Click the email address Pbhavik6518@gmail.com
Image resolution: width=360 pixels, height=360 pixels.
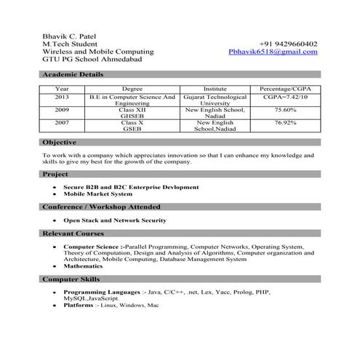[x=273, y=52]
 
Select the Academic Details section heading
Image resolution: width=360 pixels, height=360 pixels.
[x=73, y=74]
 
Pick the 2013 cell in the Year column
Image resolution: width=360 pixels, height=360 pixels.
[x=62, y=96]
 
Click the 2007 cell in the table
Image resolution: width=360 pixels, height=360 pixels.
[x=62, y=123]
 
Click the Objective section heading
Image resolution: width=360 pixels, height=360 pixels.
[x=60, y=143]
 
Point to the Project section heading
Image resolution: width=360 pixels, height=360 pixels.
[x=56, y=175]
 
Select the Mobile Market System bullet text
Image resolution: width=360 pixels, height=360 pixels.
[x=98, y=194]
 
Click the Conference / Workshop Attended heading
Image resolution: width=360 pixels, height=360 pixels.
[x=103, y=207]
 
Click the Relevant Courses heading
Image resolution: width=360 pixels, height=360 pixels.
[x=73, y=233]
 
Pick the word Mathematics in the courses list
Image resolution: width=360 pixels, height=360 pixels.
[x=86, y=266]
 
